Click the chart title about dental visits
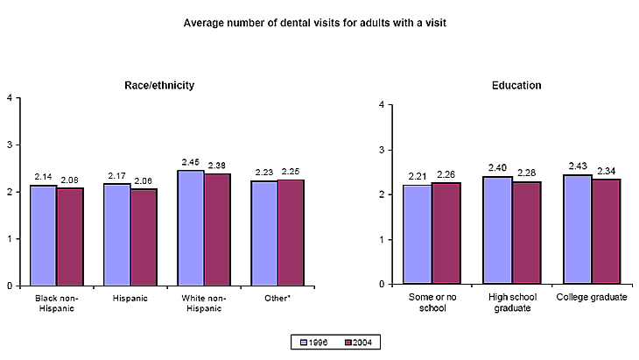[x=315, y=22]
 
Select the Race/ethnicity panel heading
[x=158, y=85]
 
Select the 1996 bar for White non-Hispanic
[x=190, y=228]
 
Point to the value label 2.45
[x=190, y=162]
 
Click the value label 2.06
[x=144, y=180]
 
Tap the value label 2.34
[x=605, y=171]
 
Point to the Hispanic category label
[x=130, y=299]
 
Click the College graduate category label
[x=591, y=298]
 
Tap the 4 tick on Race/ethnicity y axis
[x=8, y=97]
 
